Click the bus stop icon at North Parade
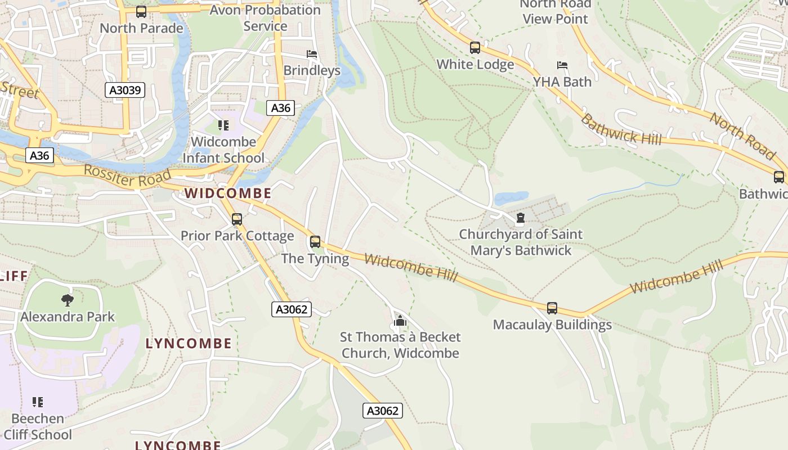141,11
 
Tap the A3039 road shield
125,90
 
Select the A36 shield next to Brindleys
280,108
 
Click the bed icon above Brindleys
312,54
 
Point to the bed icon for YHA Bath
562,65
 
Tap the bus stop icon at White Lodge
475,48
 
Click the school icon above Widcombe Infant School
223,125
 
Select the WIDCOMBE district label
228,193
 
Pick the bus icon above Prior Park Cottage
237,219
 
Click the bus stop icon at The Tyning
315,242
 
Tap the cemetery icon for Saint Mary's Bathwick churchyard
521,218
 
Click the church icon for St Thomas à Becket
400,321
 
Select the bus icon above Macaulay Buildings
552,308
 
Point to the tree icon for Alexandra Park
67,300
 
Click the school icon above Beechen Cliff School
38,402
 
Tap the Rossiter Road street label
127,177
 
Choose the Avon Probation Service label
265,18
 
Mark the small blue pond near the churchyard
511,198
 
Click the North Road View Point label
555,11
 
